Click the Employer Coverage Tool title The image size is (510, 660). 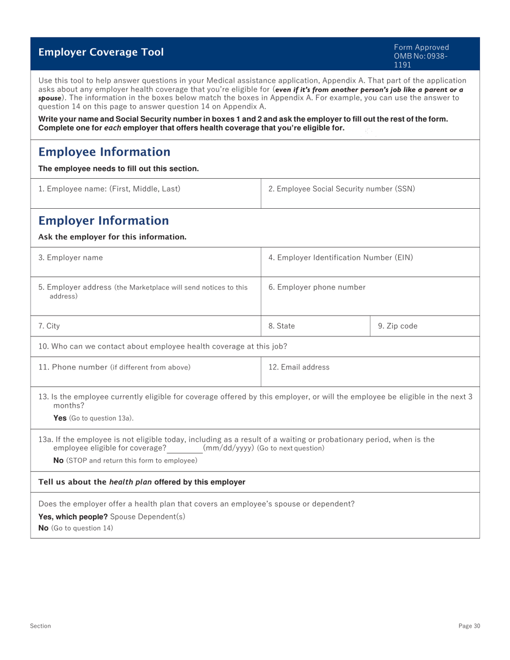click(101, 52)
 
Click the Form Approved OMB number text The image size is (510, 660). click(421, 56)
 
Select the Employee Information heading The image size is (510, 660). click(104, 152)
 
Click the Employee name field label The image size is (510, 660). click(109, 189)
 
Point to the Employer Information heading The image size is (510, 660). click(104, 221)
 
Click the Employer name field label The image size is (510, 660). click(70, 258)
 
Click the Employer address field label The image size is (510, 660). click(75, 287)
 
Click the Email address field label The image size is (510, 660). click(299, 367)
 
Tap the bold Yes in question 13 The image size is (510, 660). click(60, 418)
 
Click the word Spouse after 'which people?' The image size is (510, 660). click(123, 516)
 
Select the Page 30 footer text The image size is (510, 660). click(469, 626)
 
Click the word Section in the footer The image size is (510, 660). click(40, 626)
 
